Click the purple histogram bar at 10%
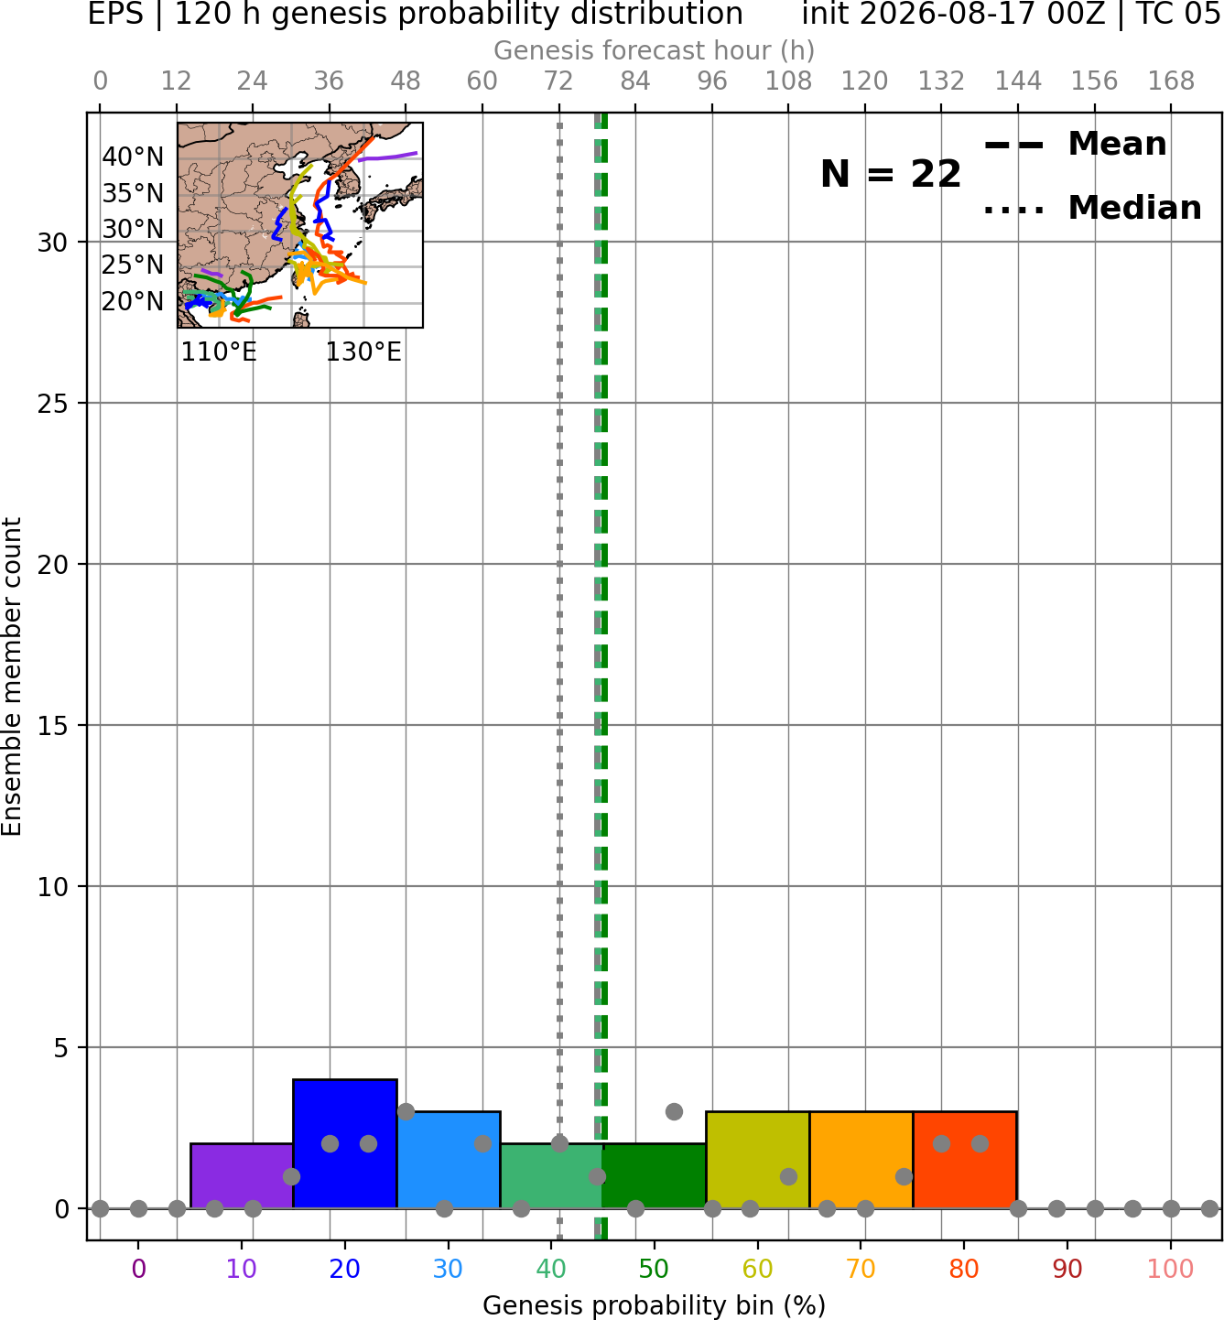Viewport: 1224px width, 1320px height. [x=242, y=1175]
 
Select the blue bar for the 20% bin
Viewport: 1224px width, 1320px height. [x=345, y=1143]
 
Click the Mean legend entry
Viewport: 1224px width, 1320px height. [x=1075, y=145]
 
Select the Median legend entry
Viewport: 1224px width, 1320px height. [x=1092, y=208]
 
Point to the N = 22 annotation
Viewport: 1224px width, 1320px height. [x=891, y=174]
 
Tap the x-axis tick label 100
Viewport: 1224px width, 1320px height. [x=1171, y=1269]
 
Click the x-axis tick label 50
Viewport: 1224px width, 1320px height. [x=655, y=1269]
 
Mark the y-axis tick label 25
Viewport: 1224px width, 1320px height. [x=52, y=404]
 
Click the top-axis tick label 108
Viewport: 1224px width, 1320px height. [x=788, y=81]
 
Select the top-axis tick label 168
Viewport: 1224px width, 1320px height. [x=1171, y=81]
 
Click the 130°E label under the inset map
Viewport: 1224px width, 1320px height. [x=363, y=352]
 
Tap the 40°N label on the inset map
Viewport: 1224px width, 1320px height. [x=133, y=157]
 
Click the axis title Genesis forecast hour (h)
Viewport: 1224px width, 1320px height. [x=655, y=51]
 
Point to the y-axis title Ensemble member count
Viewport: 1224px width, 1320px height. [x=11, y=676]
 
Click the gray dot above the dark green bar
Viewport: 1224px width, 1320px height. [x=674, y=1111]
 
